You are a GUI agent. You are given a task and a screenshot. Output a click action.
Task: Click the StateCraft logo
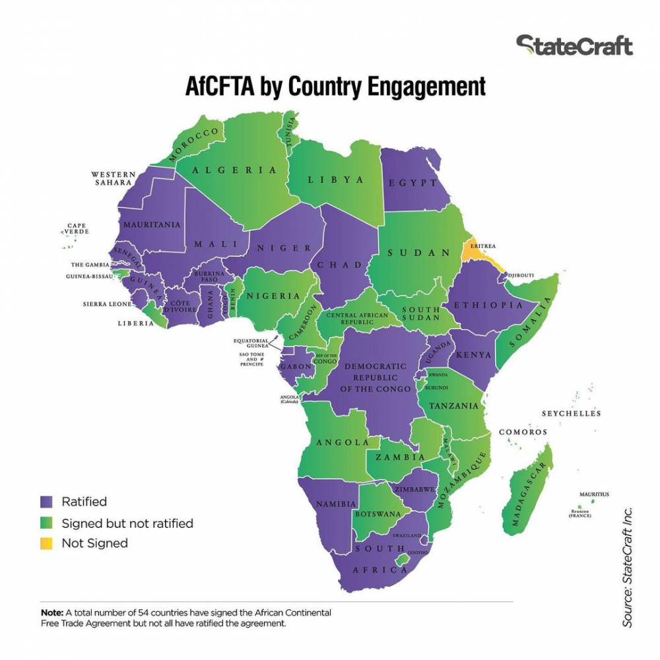(x=574, y=46)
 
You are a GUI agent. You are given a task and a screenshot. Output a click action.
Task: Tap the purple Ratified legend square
(x=46, y=502)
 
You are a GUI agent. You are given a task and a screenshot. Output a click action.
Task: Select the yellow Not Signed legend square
(x=46, y=543)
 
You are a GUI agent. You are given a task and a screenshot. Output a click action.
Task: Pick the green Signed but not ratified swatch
(x=46, y=523)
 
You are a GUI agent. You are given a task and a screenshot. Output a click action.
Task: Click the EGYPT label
(x=413, y=183)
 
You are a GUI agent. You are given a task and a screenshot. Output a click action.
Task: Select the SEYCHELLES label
(x=572, y=414)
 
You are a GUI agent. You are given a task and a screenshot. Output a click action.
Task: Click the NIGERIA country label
(x=273, y=296)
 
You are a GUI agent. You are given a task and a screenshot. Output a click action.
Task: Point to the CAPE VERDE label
(x=77, y=229)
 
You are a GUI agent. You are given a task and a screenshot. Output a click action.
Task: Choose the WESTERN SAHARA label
(x=114, y=178)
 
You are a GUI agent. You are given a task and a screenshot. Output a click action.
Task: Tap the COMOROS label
(x=523, y=432)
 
